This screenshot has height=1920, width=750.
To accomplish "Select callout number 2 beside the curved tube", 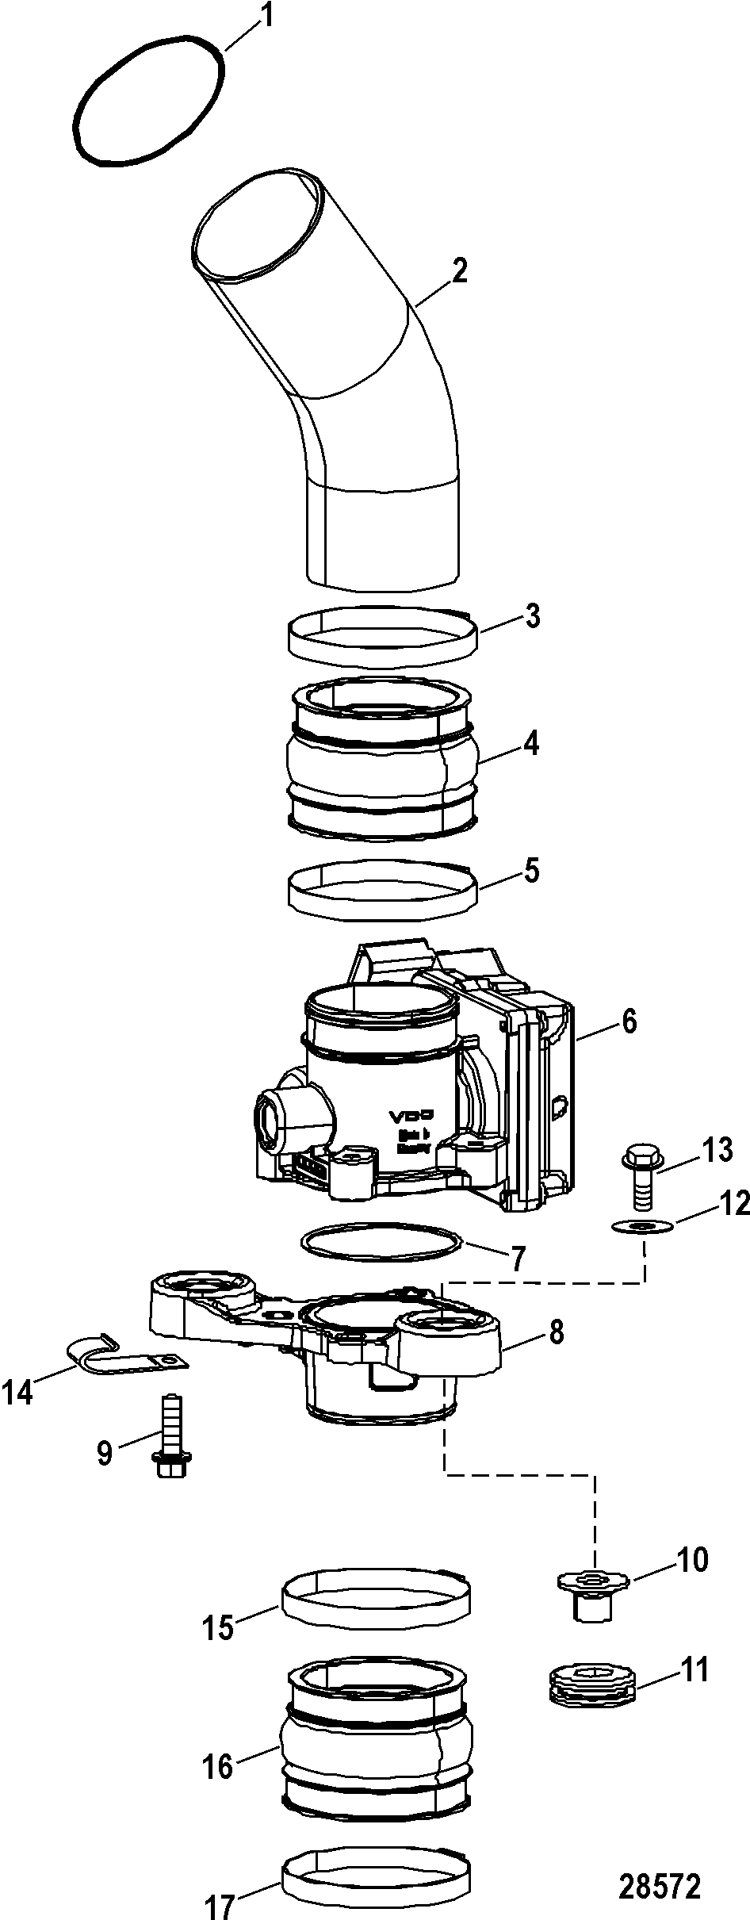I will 458,272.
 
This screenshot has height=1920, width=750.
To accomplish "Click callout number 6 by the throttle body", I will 628,1022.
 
